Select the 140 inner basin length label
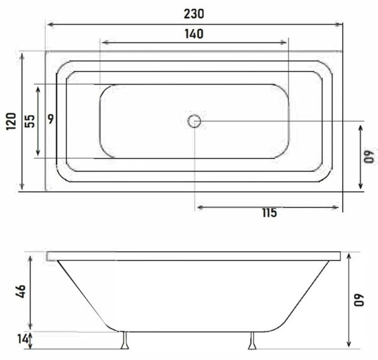tap(195, 34)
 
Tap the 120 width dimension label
tap(10, 121)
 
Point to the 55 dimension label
tap(29, 121)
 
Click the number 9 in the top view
tap(51, 117)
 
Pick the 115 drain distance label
tap(269, 213)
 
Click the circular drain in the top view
tap(195, 120)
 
